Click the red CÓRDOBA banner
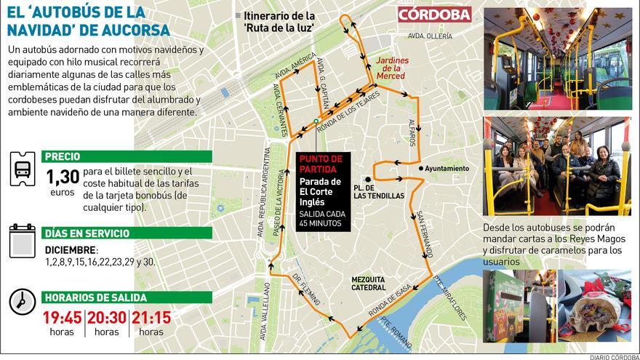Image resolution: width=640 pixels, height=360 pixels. (x=434, y=15)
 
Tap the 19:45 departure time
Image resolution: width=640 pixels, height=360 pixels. (x=63, y=317)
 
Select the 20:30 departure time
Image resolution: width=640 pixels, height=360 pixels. (x=107, y=317)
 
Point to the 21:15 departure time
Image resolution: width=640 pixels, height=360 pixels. (x=151, y=317)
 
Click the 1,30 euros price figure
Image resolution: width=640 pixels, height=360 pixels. (x=62, y=177)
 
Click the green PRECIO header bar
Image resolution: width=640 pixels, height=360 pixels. (x=127, y=156)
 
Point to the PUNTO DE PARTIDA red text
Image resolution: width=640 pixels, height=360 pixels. (x=320, y=164)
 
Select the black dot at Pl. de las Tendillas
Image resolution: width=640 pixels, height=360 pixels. (x=369, y=178)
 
